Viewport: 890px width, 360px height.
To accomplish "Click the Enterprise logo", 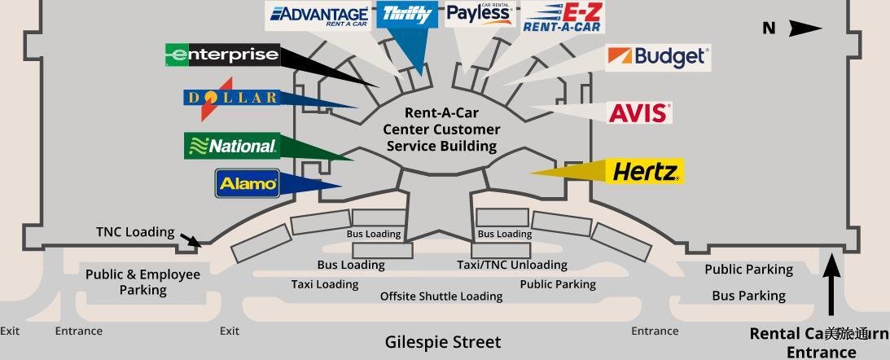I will pyautogui.click(x=222, y=55).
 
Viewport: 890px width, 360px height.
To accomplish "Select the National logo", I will pyautogui.click(x=233, y=146).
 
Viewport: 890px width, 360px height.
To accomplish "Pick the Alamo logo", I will pyautogui.click(x=248, y=183).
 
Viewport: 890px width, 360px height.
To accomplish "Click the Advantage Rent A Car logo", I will pyautogui.click(x=319, y=15).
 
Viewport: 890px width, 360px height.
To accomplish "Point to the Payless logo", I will pyautogui.click(x=479, y=14).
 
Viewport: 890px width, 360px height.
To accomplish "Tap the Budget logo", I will pyautogui.click(x=658, y=57).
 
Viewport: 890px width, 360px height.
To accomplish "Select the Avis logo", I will pyautogui.click(x=640, y=112).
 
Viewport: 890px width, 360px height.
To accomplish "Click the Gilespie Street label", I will pyautogui.click(x=443, y=342).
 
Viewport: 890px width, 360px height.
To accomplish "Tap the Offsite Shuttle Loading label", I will pyautogui.click(x=441, y=296).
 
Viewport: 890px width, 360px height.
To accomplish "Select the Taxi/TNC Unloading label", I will pyautogui.click(x=512, y=265).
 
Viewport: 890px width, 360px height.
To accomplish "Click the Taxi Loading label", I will pyautogui.click(x=325, y=284).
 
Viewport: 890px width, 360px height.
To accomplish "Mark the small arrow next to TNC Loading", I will pyautogui.click(x=191, y=240).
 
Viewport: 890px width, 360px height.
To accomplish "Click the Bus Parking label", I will pyautogui.click(x=748, y=296).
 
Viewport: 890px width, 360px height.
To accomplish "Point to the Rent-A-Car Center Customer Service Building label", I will pyautogui.click(x=441, y=130).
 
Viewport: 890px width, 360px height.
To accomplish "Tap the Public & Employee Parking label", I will pyautogui.click(x=142, y=282).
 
